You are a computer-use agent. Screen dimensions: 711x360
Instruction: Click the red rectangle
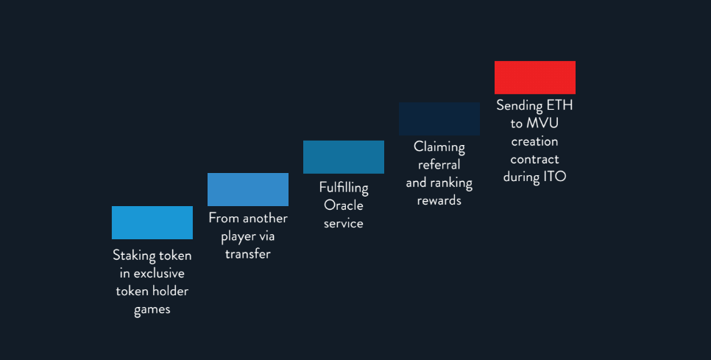coord(535,77)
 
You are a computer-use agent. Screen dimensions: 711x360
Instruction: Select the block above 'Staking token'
coord(152,222)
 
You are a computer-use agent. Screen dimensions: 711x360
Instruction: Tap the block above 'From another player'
coord(248,189)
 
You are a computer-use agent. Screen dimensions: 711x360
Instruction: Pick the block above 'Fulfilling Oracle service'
coord(344,157)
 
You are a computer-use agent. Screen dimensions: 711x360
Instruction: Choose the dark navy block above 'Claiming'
coord(439,119)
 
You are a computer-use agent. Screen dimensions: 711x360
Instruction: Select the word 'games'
coord(152,310)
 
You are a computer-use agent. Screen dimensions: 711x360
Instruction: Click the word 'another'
coord(264,219)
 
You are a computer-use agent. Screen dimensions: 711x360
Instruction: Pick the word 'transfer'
coord(248,254)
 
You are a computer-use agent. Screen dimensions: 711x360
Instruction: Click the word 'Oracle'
coord(344,205)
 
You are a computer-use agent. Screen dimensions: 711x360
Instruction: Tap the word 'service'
coord(344,224)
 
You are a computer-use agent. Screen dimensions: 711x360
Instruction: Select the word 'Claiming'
coord(439,148)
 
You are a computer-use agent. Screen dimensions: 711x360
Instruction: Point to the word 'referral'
coord(439,165)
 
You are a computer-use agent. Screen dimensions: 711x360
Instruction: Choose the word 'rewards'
coord(439,201)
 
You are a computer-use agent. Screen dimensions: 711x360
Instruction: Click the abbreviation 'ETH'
coord(559,105)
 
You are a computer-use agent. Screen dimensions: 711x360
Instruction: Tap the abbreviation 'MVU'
coord(542,124)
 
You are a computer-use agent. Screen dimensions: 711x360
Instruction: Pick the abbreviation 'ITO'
coord(554,177)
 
